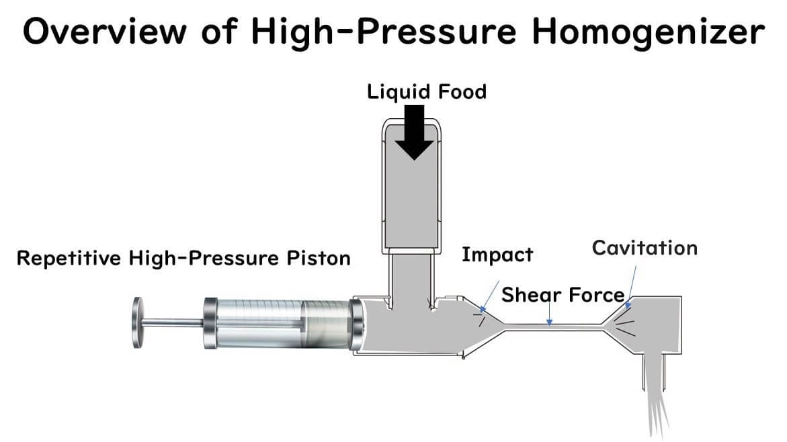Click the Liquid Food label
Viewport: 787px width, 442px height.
427,91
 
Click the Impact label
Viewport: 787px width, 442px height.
497,255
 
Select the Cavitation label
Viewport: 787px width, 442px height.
644,248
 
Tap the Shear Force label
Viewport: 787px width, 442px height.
563,294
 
